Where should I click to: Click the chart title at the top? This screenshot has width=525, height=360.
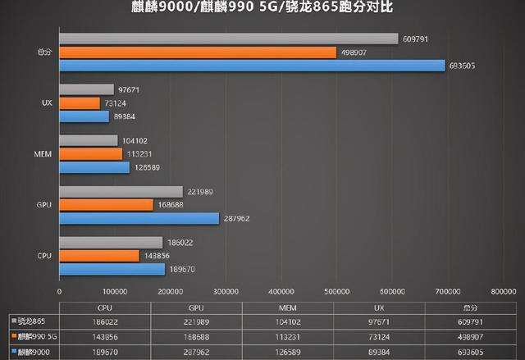[262, 8]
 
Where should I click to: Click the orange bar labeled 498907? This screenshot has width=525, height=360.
[198, 52]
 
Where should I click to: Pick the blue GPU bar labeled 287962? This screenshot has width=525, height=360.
[139, 219]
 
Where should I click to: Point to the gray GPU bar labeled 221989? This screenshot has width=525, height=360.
[121, 191]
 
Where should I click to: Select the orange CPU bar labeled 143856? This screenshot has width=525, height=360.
[99, 256]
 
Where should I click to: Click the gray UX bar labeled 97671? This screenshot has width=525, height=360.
[86, 89]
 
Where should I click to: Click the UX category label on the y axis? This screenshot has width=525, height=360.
[47, 103]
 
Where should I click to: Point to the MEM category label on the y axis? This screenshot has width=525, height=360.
[45, 154]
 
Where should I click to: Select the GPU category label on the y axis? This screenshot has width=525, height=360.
[46, 205]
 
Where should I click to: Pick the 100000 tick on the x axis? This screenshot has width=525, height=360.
[115, 291]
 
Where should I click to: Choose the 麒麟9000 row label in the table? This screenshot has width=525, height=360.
[34, 352]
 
